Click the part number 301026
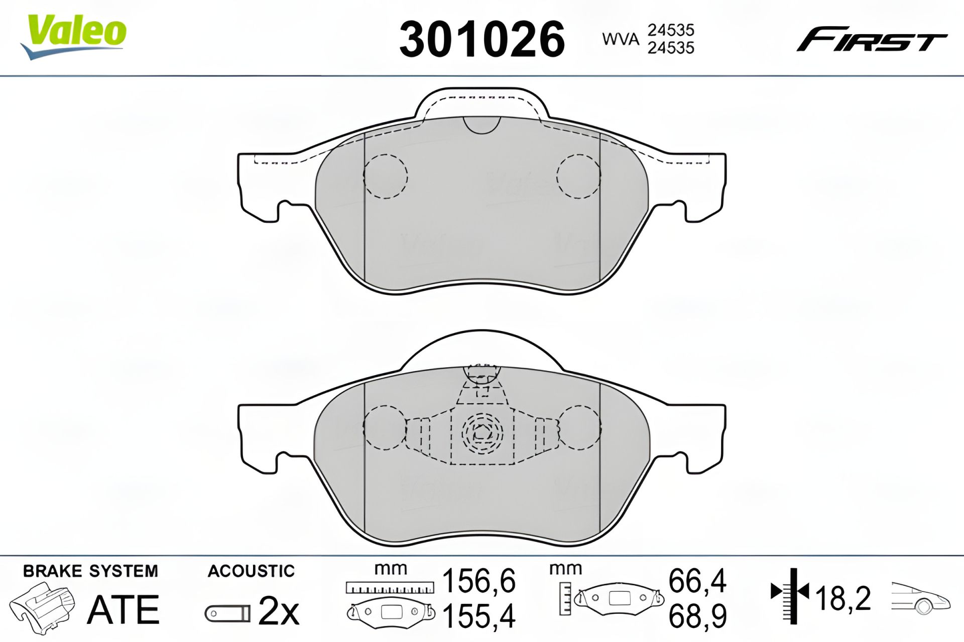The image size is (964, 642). point(482,40)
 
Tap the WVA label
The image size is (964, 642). point(621,39)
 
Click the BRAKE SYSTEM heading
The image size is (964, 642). point(90,571)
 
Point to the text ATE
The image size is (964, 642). point(124,609)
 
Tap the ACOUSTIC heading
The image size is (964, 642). point(251,571)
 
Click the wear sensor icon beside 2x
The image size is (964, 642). point(227,613)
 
